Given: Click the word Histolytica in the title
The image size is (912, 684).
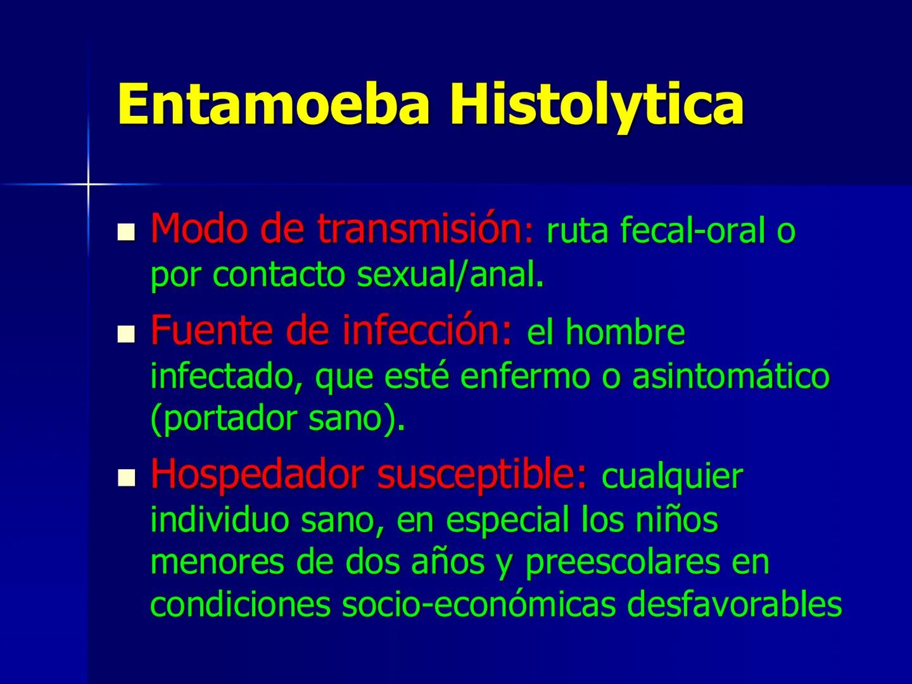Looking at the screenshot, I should click(x=596, y=104).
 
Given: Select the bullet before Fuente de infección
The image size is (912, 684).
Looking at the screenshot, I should click(x=127, y=332).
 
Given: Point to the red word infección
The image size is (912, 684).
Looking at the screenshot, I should click(x=426, y=330).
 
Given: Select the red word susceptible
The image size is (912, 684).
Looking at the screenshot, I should click(x=481, y=475).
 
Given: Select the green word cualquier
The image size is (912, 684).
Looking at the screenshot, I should click(x=672, y=477).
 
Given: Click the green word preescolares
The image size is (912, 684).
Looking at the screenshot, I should click(x=623, y=563).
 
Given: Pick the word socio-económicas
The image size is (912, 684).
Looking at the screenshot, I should click(x=479, y=605).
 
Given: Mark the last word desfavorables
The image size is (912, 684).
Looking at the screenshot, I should click(x=735, y=605).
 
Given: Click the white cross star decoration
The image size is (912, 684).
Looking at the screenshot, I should click(x=89, y=184).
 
